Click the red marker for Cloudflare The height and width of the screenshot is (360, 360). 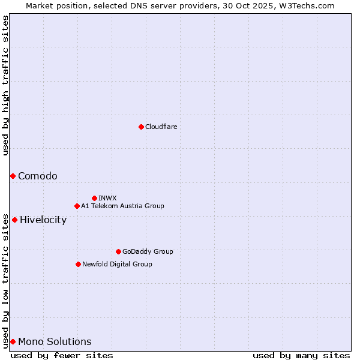tap(141, 127)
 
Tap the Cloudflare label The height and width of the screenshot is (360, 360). tap(161, 127)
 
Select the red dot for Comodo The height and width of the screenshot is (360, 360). tap(13, 176)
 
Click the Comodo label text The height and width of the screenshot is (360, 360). tap(38, 176)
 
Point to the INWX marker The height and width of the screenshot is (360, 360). tap(94, 198)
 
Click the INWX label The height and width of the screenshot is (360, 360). tap(107, 198)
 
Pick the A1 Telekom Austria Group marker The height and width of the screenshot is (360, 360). tap(77, 206)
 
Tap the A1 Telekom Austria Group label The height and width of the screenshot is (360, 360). tap(122, 206)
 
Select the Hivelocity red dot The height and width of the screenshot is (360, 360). tap(14, 220)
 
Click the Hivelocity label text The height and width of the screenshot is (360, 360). tap(43, 220)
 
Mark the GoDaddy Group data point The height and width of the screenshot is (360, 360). tap(118, 251)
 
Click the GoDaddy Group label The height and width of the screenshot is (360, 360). tap(148, 251)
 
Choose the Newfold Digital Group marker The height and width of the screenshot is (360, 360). tap(78, 264)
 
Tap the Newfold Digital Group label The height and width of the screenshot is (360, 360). tap(117, 264)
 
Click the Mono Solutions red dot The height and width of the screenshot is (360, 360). tap(13, 341)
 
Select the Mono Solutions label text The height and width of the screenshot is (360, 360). tap(55, 341)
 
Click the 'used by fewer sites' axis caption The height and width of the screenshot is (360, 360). tap(62, 355)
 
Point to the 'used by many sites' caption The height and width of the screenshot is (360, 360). tap(301, 355)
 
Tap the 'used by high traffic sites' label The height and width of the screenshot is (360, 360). tap(5, 85)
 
